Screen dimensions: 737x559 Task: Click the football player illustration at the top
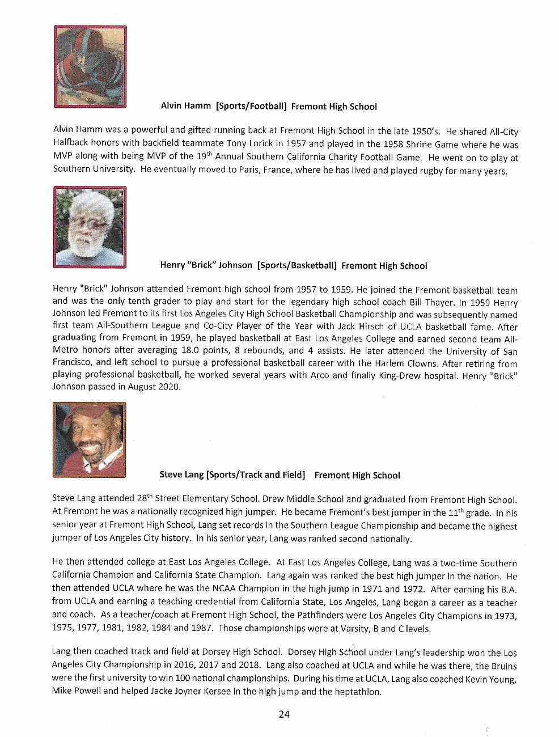pos(90,66)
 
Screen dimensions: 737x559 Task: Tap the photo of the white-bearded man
pos(90,227)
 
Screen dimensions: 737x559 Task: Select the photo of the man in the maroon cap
pos(89,439)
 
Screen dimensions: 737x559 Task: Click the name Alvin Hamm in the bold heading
pos(185,106)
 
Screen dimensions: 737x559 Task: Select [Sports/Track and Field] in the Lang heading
pos(256,475)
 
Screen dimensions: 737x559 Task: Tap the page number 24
pos(284,714)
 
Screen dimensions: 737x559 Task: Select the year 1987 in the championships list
pos(202,628)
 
